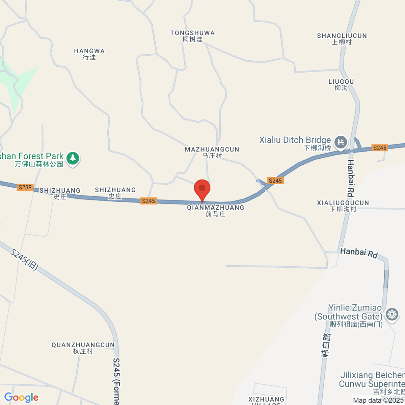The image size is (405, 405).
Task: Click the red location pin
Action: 202,188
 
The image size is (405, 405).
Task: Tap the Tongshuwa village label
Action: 192,36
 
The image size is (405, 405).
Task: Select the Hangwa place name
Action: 89,54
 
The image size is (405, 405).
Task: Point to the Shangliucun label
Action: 342,39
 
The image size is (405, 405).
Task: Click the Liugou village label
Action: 341,85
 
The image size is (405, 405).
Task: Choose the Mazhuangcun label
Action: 212,152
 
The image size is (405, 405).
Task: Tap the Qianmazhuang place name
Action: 215,211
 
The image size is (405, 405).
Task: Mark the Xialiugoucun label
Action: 343,206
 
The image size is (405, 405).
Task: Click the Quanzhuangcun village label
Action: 83,348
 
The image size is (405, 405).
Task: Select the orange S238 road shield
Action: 25,187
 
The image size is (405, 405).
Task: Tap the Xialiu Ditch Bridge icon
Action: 341,142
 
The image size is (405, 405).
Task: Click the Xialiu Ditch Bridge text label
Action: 295,143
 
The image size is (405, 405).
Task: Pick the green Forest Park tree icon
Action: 73,158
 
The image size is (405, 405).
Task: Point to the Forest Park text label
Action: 32,160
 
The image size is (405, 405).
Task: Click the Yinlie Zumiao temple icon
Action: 392,314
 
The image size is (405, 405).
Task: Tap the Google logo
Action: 21,398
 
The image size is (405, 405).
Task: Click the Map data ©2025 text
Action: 378,401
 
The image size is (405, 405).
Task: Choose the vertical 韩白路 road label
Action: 326,345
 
